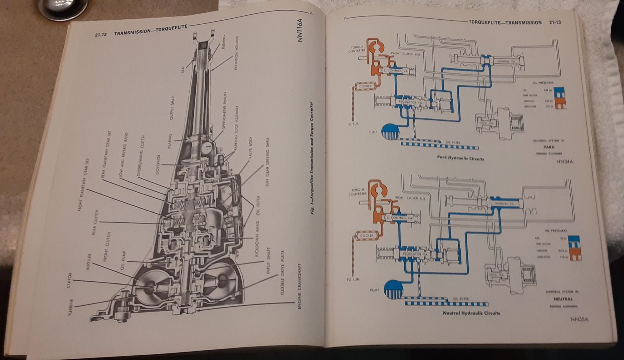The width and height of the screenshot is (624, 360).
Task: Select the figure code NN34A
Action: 564,162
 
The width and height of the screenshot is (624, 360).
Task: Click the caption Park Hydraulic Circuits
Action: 461,158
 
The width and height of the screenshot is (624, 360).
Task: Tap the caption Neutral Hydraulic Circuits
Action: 471,313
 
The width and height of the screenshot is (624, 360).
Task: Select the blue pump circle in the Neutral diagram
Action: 394,290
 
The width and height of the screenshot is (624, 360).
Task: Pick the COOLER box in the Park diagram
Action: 365,86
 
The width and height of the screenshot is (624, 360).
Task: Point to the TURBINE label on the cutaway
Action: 71,307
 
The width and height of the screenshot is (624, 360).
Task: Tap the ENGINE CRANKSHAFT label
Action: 300,291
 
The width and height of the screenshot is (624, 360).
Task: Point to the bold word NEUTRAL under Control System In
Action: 563,299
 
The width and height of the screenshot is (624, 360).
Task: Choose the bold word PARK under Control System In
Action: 549,147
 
